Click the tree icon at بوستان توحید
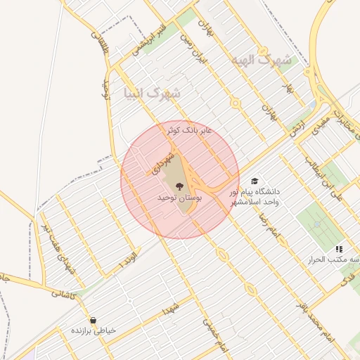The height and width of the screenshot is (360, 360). (x=180, y=186)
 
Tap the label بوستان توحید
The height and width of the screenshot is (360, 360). (x=180, y=200)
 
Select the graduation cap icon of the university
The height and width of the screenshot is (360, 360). (x=254, y=181)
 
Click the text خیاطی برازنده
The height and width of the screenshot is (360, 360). (x=93, y=330)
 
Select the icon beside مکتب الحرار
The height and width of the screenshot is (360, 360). (x=339, y=249)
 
